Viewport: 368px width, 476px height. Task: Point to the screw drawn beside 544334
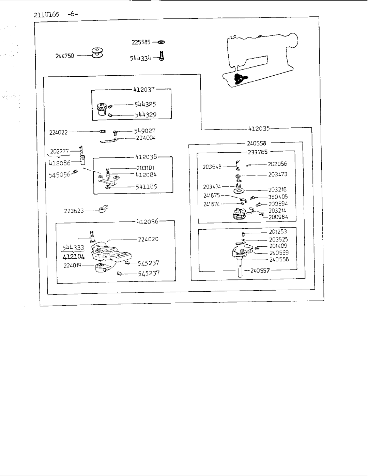[x=162, y=56]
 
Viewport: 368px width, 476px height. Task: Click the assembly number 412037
[x=144, y=90]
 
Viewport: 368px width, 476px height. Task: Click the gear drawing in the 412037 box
[x=102, y=110]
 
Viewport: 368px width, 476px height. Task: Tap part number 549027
[x=144, y=130]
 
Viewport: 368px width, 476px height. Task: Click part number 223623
[x=74, y=211]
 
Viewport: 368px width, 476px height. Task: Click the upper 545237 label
[x=149, y=263]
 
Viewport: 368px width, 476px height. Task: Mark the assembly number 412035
[x=259, y=128]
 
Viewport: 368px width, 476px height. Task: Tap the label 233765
[x=258, y=152]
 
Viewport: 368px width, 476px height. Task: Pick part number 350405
[x=278, y=197]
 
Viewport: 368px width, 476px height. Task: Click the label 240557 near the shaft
[x=260, y=271]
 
